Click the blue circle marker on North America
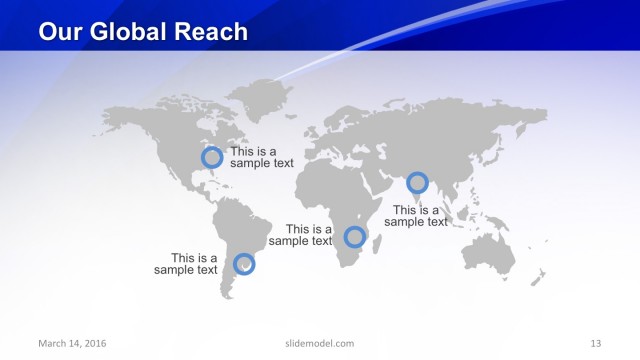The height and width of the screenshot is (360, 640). click(x=212, y=157)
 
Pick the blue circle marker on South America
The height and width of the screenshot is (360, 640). click(x=244, y=264)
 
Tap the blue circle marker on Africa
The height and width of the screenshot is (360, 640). click(x=354, y=237)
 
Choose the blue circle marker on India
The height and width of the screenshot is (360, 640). click(x=417, y=182)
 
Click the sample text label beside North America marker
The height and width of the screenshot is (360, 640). click(x=261, y=157)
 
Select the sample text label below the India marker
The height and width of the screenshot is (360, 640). click(x=416, y=216)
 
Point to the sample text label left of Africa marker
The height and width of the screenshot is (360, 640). click(x=301, y=235)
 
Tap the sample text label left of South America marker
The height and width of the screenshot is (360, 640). click(x=186, y=264)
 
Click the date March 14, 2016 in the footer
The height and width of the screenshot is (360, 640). click(x=72, y=344)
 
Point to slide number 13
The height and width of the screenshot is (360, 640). click(x=596, y=344)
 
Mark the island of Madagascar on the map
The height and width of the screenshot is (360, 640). click(x=376, y=241)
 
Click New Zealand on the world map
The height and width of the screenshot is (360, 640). click(x=541, y=274)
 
